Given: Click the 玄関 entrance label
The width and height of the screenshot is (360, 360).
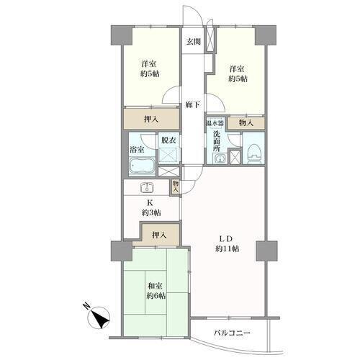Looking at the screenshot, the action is tap(194, 42).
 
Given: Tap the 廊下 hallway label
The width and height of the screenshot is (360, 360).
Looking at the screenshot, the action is tap(193, 104).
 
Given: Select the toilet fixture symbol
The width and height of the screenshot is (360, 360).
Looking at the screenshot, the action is tap(253, 154).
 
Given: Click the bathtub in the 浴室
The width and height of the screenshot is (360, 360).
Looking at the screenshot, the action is tap(142, 166).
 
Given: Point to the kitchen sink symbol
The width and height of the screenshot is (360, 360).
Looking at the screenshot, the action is tap(147, 187).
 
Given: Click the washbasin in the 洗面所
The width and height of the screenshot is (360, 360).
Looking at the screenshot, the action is tap(220, 158).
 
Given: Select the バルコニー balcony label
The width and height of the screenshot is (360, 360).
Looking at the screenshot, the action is tap(233, 333).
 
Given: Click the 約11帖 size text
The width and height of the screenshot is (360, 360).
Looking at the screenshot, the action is tap(227, 249).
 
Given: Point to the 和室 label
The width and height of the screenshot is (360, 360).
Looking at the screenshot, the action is tap(156, 286).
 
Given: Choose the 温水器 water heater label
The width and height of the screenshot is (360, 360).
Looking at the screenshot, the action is tap(215, 123).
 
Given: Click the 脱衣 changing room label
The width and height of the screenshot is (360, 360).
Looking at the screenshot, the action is tap(168, 140).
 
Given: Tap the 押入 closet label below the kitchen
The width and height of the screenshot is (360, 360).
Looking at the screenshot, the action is tap(159, 235).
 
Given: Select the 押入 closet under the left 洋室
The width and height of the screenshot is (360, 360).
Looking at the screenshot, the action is tap(151, 119).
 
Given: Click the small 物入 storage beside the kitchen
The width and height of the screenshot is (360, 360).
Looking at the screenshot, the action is tap(176, 186).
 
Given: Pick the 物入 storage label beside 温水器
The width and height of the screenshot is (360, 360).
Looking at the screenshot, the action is tap(246, 123).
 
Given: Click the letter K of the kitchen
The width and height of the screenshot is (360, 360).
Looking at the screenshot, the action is tap(150, 203).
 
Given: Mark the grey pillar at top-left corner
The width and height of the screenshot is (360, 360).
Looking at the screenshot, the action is tap(122, 35).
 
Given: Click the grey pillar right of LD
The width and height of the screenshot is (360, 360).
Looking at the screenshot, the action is tap(266, 251).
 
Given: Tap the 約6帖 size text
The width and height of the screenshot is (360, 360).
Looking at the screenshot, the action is tap(156, 296).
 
